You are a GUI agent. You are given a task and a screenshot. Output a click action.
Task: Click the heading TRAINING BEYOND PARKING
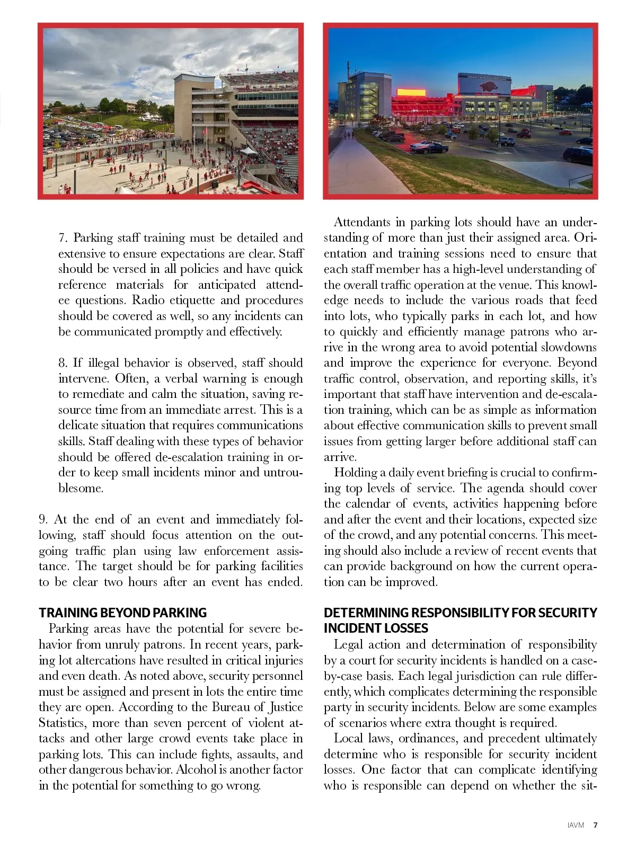(x=122, y=613)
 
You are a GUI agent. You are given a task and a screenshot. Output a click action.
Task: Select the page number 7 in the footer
(x=595, y=825)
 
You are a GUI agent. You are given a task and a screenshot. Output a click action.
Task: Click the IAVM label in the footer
(x=576, y=825)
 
